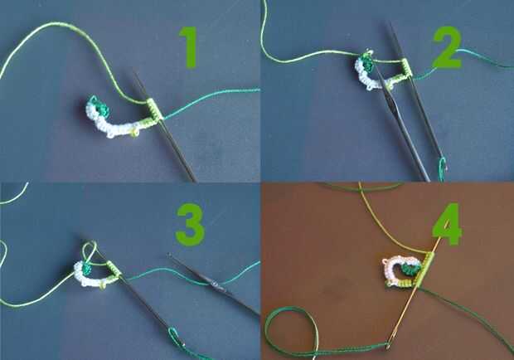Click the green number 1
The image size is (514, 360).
[189, 47]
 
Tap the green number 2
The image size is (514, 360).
[447, 48]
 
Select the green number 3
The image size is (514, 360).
[191, 225]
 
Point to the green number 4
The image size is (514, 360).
[447, 224]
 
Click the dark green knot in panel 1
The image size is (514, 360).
[100, 107]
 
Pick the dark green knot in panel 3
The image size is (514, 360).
[87, 270]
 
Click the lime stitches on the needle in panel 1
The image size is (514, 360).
[154, 109]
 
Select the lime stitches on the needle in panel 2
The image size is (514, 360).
[405, 69]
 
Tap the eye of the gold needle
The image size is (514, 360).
[389, 345]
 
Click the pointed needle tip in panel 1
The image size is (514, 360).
[135, 74]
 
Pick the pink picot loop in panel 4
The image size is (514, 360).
[385, 262]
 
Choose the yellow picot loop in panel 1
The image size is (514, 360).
[133, 132]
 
